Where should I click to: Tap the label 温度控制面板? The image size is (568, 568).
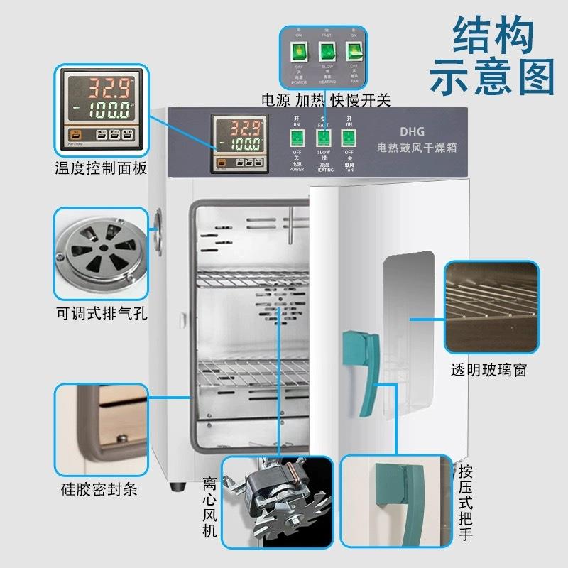[101, 169]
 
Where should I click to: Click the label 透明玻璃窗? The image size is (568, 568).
[488, 371]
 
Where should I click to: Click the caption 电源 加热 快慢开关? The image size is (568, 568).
[327, 100]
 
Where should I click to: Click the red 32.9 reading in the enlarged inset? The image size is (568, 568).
[104, 88]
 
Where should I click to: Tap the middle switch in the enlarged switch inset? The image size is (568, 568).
[327, 51]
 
